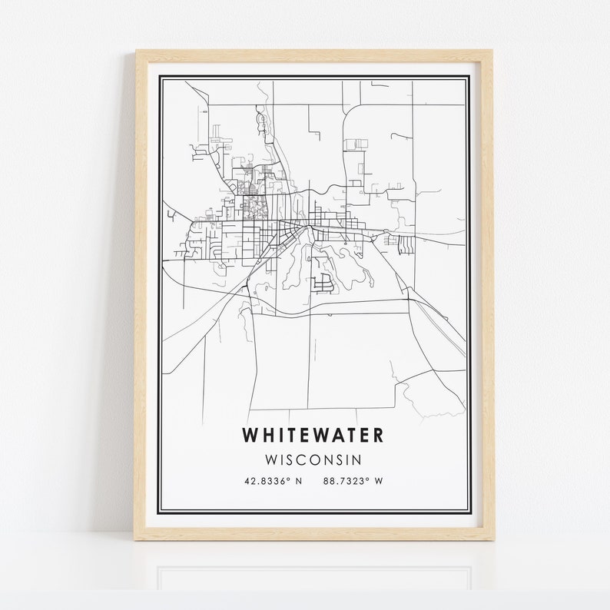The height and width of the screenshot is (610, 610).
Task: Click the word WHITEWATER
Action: point(313,435)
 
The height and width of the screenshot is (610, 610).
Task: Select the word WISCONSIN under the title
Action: point(313,459)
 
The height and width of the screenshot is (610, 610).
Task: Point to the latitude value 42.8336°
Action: point(268,482)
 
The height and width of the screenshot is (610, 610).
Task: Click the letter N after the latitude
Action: point(299,482)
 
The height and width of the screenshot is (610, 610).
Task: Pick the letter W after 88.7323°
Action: point(379,482)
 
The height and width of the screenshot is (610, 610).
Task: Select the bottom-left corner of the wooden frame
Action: point(136,539)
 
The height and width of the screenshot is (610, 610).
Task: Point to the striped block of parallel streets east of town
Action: point(405,244)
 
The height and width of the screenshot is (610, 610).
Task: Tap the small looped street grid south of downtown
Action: point(324,282)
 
